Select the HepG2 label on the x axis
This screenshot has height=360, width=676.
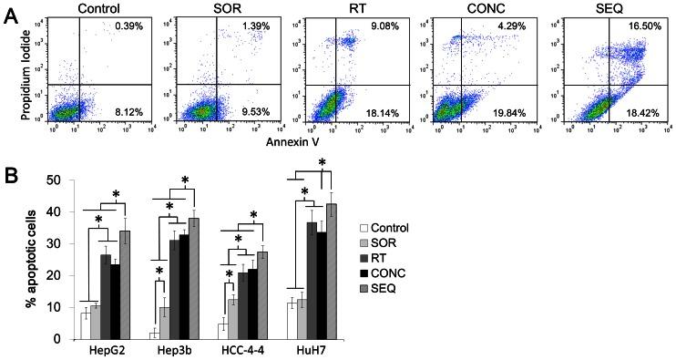click(107, 350)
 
